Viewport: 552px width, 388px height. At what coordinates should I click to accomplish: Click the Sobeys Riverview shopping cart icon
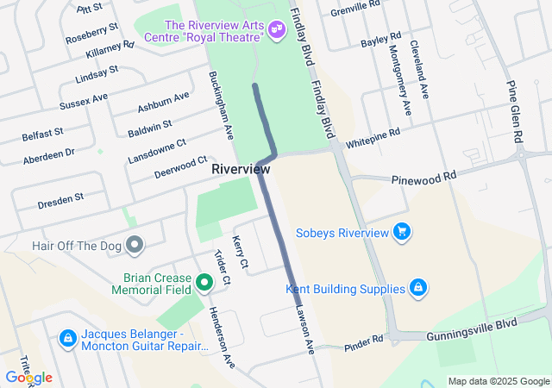[x=400, y=232]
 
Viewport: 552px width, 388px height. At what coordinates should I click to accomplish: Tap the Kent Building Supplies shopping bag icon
[x=417, y=287]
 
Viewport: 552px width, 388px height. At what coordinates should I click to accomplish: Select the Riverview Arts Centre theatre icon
[x=277, y=30]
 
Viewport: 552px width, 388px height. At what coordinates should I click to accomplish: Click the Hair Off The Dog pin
[x=134, y=246]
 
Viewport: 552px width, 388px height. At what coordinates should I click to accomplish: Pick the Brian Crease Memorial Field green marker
[x=204, y=282]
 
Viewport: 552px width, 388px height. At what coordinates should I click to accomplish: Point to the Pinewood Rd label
[x=423, y=178]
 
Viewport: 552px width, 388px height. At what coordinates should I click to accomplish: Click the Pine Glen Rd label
[x=515, y=112]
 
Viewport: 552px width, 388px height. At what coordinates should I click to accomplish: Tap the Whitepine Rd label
[x=373, y=138]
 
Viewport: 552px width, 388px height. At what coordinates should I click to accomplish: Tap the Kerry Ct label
[x=241, y=251]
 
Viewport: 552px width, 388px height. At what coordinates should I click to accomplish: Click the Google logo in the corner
[x=28, y=378]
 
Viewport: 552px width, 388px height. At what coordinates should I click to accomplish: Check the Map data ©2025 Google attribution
[x=498, y=381]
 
